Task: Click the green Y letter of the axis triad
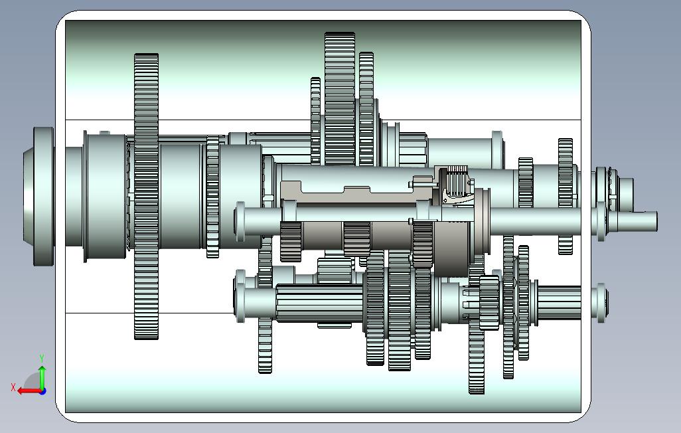[x=42, y=358]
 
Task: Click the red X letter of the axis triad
[x=13, y=387]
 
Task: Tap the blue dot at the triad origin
[x=42, y=391]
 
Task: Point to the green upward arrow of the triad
[x=42, y=378]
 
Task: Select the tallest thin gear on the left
[x=147, y=197]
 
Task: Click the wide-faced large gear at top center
[x=340, y=99]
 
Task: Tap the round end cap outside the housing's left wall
[x=39, y=197]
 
